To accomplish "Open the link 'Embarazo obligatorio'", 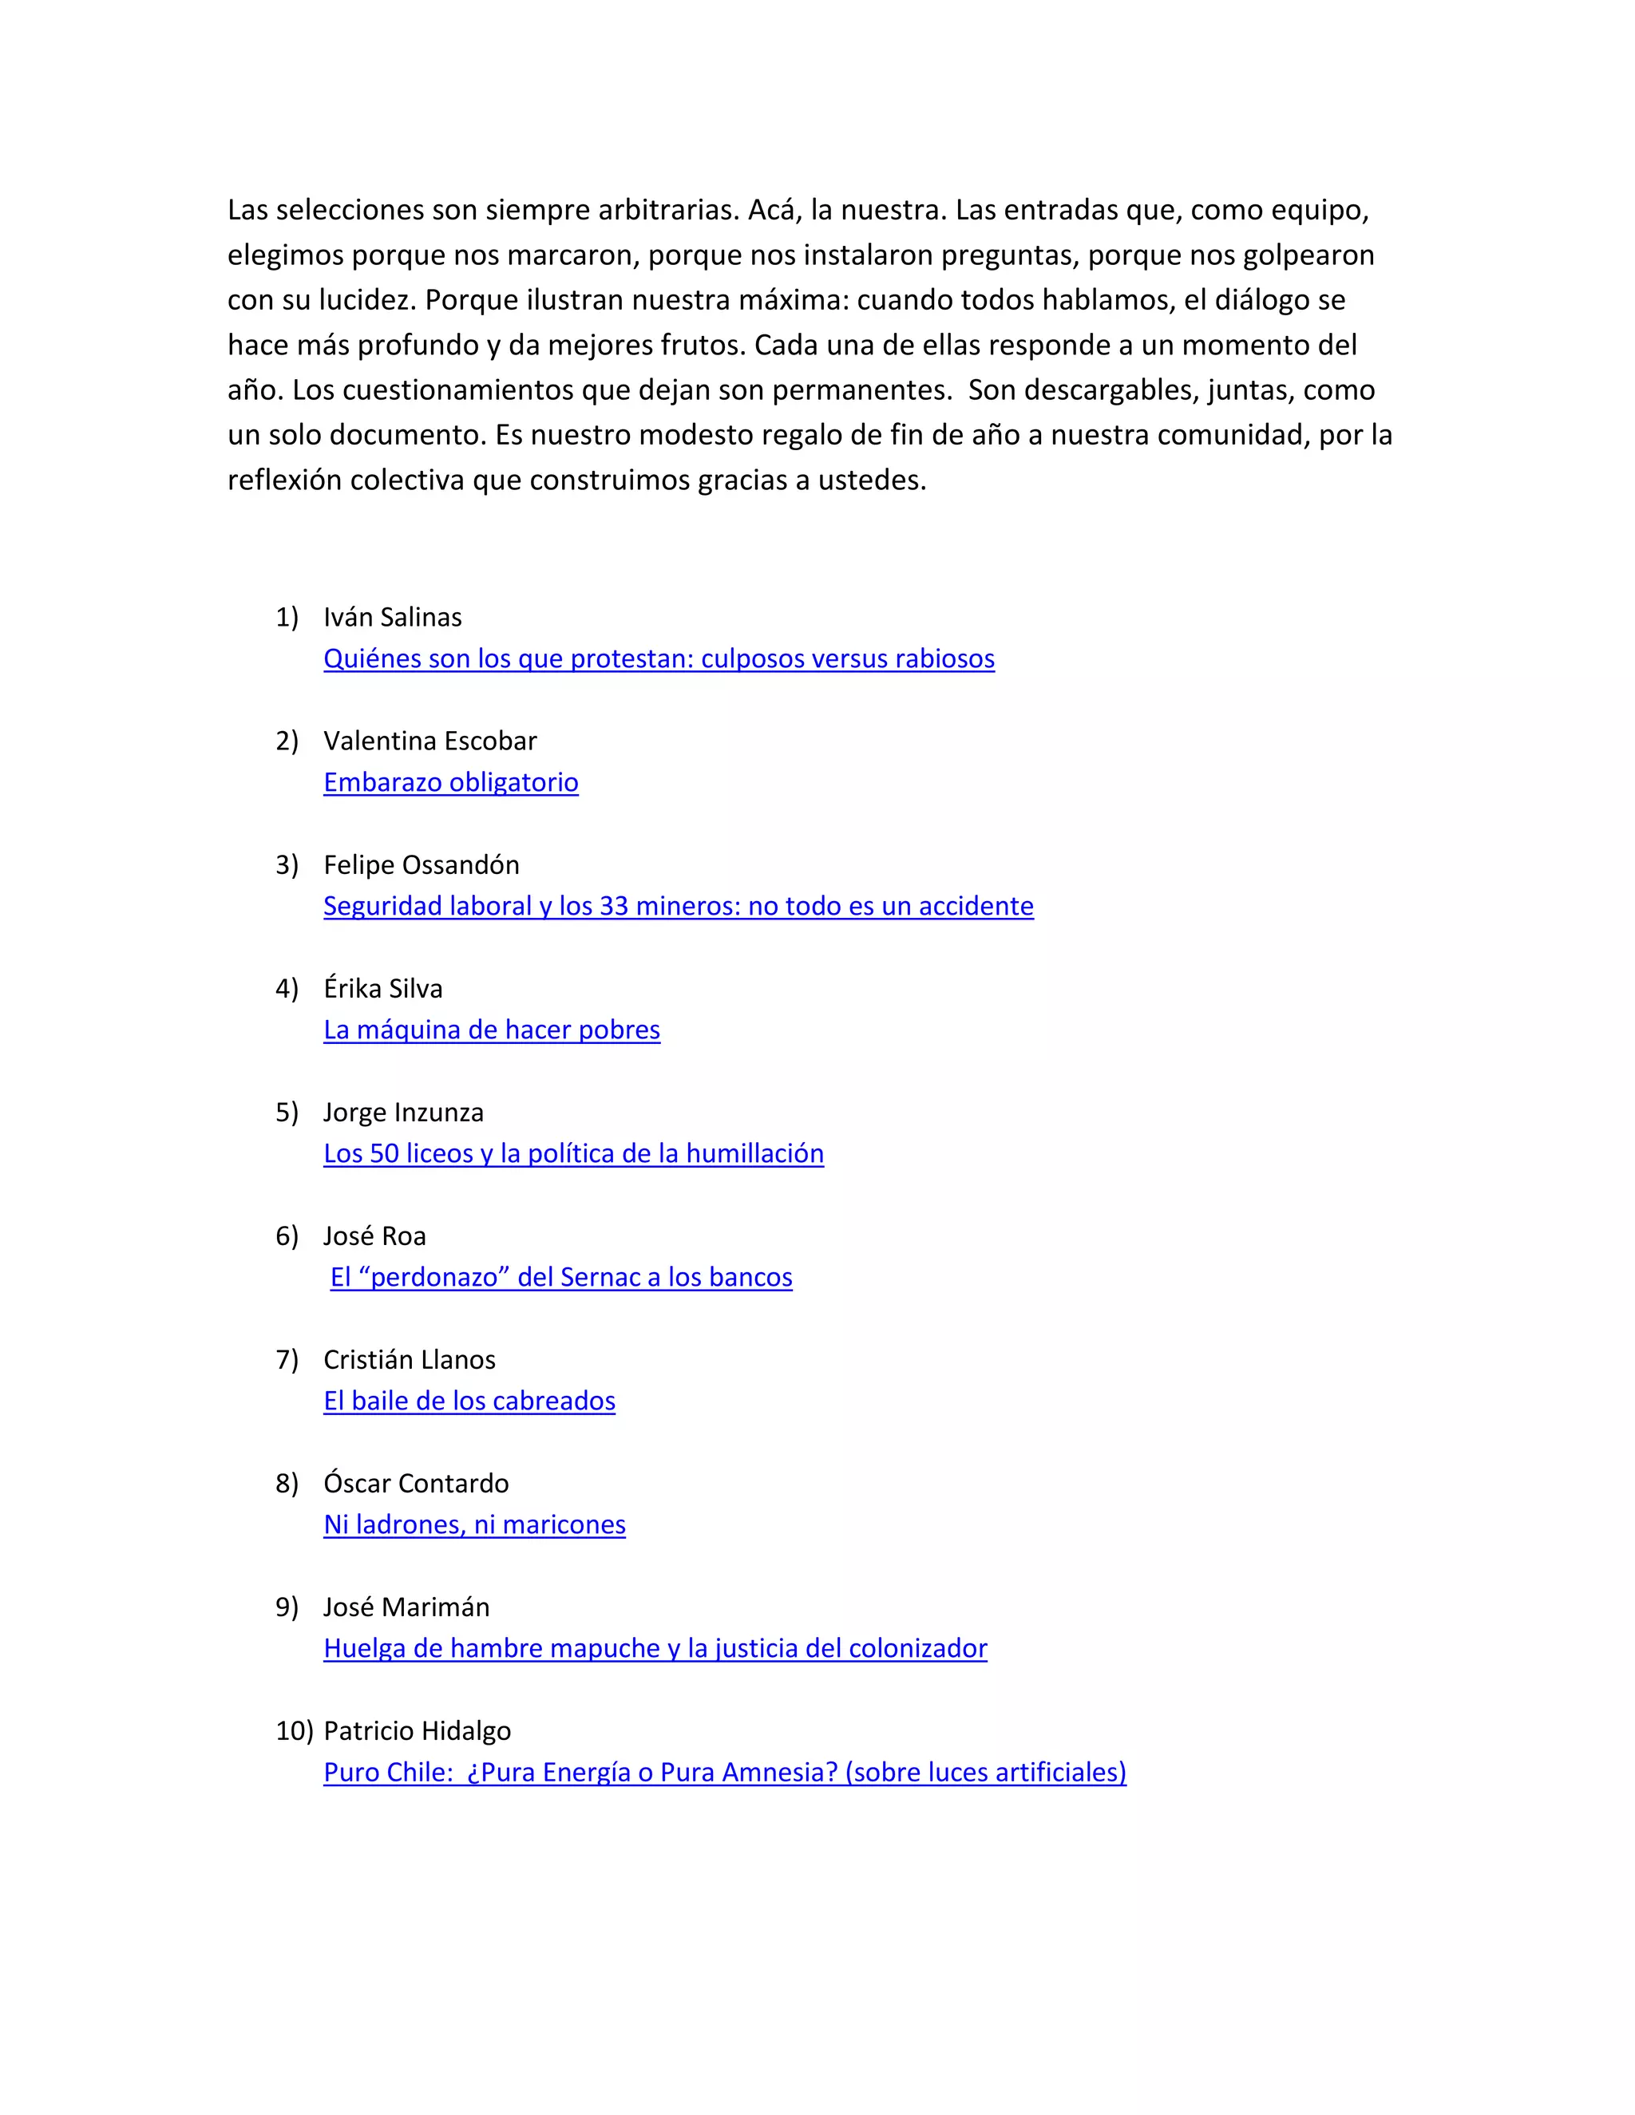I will [x=450, y=782].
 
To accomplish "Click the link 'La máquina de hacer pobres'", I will [x=491, y=1030].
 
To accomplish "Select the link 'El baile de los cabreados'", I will [x=469, y=1401].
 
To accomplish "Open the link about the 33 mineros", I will [x=678, y=907].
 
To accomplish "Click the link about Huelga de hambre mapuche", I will [x=655, y=1648].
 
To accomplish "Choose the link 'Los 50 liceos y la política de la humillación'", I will [x=573, y=1153].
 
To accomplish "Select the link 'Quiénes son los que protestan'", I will [x=659, y=658].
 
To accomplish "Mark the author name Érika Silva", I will [x=382, y=989].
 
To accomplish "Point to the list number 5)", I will [x=287, y=1113].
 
